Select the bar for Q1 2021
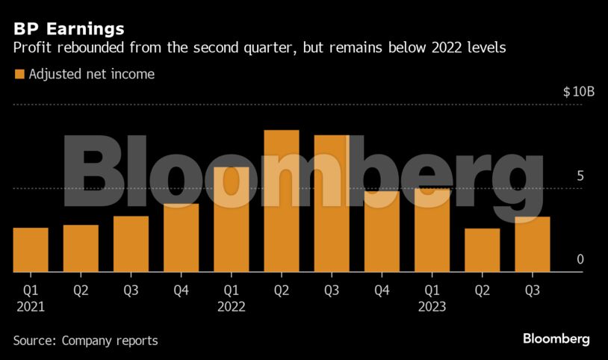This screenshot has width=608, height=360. point(31,250)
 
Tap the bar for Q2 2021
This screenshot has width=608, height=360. point(81,249)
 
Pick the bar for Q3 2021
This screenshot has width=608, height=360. point(131,244)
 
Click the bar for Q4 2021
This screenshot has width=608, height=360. point(181,238)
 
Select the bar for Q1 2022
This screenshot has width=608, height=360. point(231,220)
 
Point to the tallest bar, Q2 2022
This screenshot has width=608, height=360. point(282,202)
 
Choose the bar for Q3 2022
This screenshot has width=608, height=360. point(332,204)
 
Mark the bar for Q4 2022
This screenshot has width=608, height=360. point(382,232)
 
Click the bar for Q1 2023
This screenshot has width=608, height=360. point(432,231)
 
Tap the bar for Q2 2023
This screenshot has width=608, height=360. point(482,250)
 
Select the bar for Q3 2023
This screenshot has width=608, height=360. point(532,245)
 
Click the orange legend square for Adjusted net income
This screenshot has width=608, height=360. point(19,75)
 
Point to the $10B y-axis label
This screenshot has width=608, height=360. point(578,92)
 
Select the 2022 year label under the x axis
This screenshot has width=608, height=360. point(232,307)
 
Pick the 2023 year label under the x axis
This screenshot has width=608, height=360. point(432,307)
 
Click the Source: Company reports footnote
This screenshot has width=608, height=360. point(85,341)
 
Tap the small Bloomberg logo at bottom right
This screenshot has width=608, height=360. point(556,339)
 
